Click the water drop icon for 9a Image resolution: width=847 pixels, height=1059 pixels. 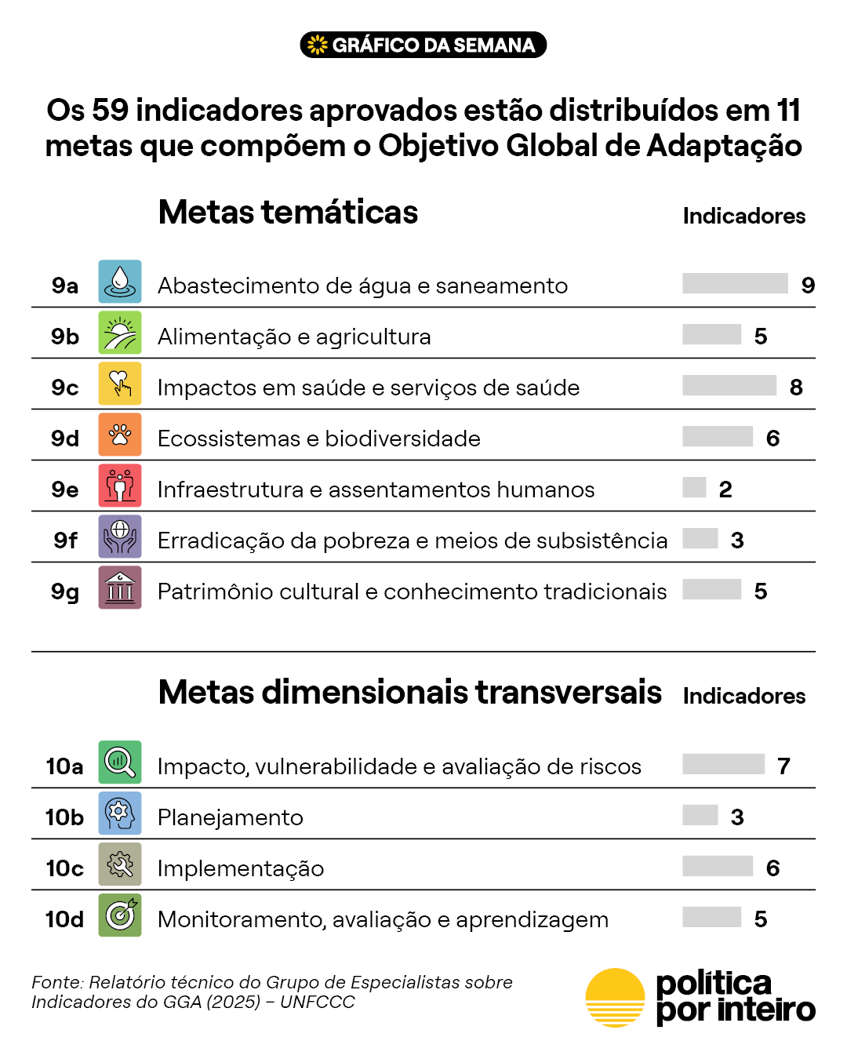[119, 281]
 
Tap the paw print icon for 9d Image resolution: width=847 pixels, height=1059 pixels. [119, 434]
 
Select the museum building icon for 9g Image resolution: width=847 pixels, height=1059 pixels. [119, 587]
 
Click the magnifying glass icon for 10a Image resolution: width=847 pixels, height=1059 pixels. [119, 762]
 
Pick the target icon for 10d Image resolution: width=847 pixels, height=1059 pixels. [119, 915]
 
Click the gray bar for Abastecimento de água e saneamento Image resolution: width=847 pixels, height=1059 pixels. [735, 283]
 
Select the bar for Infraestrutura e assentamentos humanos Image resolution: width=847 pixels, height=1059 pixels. [694, 487]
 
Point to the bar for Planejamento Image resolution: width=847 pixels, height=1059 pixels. [700, 815]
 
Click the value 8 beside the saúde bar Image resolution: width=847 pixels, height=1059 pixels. [796, 388]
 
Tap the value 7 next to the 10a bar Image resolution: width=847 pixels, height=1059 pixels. [783, 766]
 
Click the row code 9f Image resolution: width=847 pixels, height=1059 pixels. [65, 540]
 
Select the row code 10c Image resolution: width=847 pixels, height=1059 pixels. [64, 868]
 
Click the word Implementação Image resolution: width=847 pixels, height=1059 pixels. [241, 869]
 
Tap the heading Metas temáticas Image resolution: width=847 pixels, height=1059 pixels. [288, 212]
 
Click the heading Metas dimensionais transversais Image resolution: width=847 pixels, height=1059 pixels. [410, 692]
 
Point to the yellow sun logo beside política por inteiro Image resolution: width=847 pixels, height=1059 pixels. [615, 998]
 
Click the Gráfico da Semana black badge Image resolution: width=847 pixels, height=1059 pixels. [423, 45]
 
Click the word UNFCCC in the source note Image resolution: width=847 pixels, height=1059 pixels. [318, 1002]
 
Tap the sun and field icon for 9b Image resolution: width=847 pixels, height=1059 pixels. [119, 332]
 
